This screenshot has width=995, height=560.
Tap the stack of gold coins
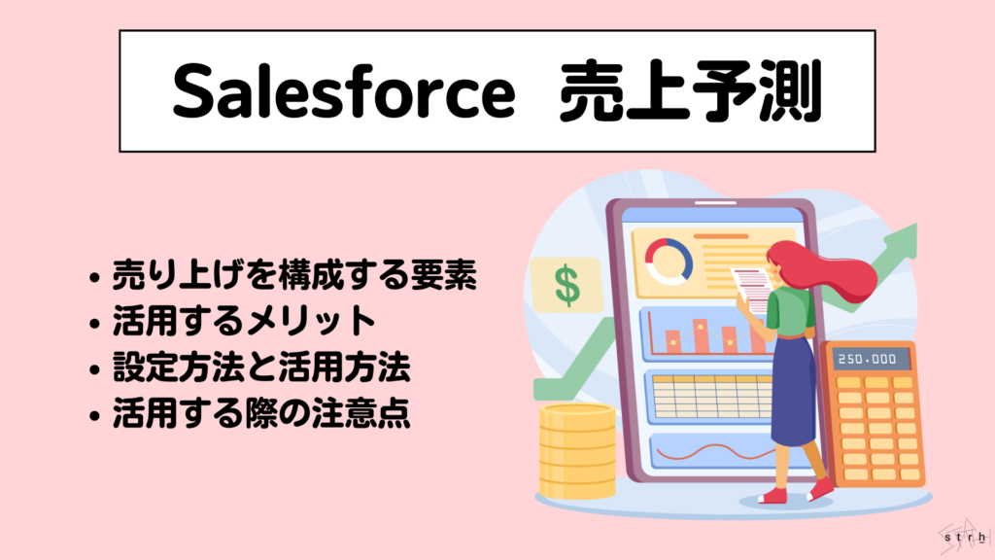[577, 452]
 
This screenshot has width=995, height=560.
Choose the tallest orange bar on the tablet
[699, 334]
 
